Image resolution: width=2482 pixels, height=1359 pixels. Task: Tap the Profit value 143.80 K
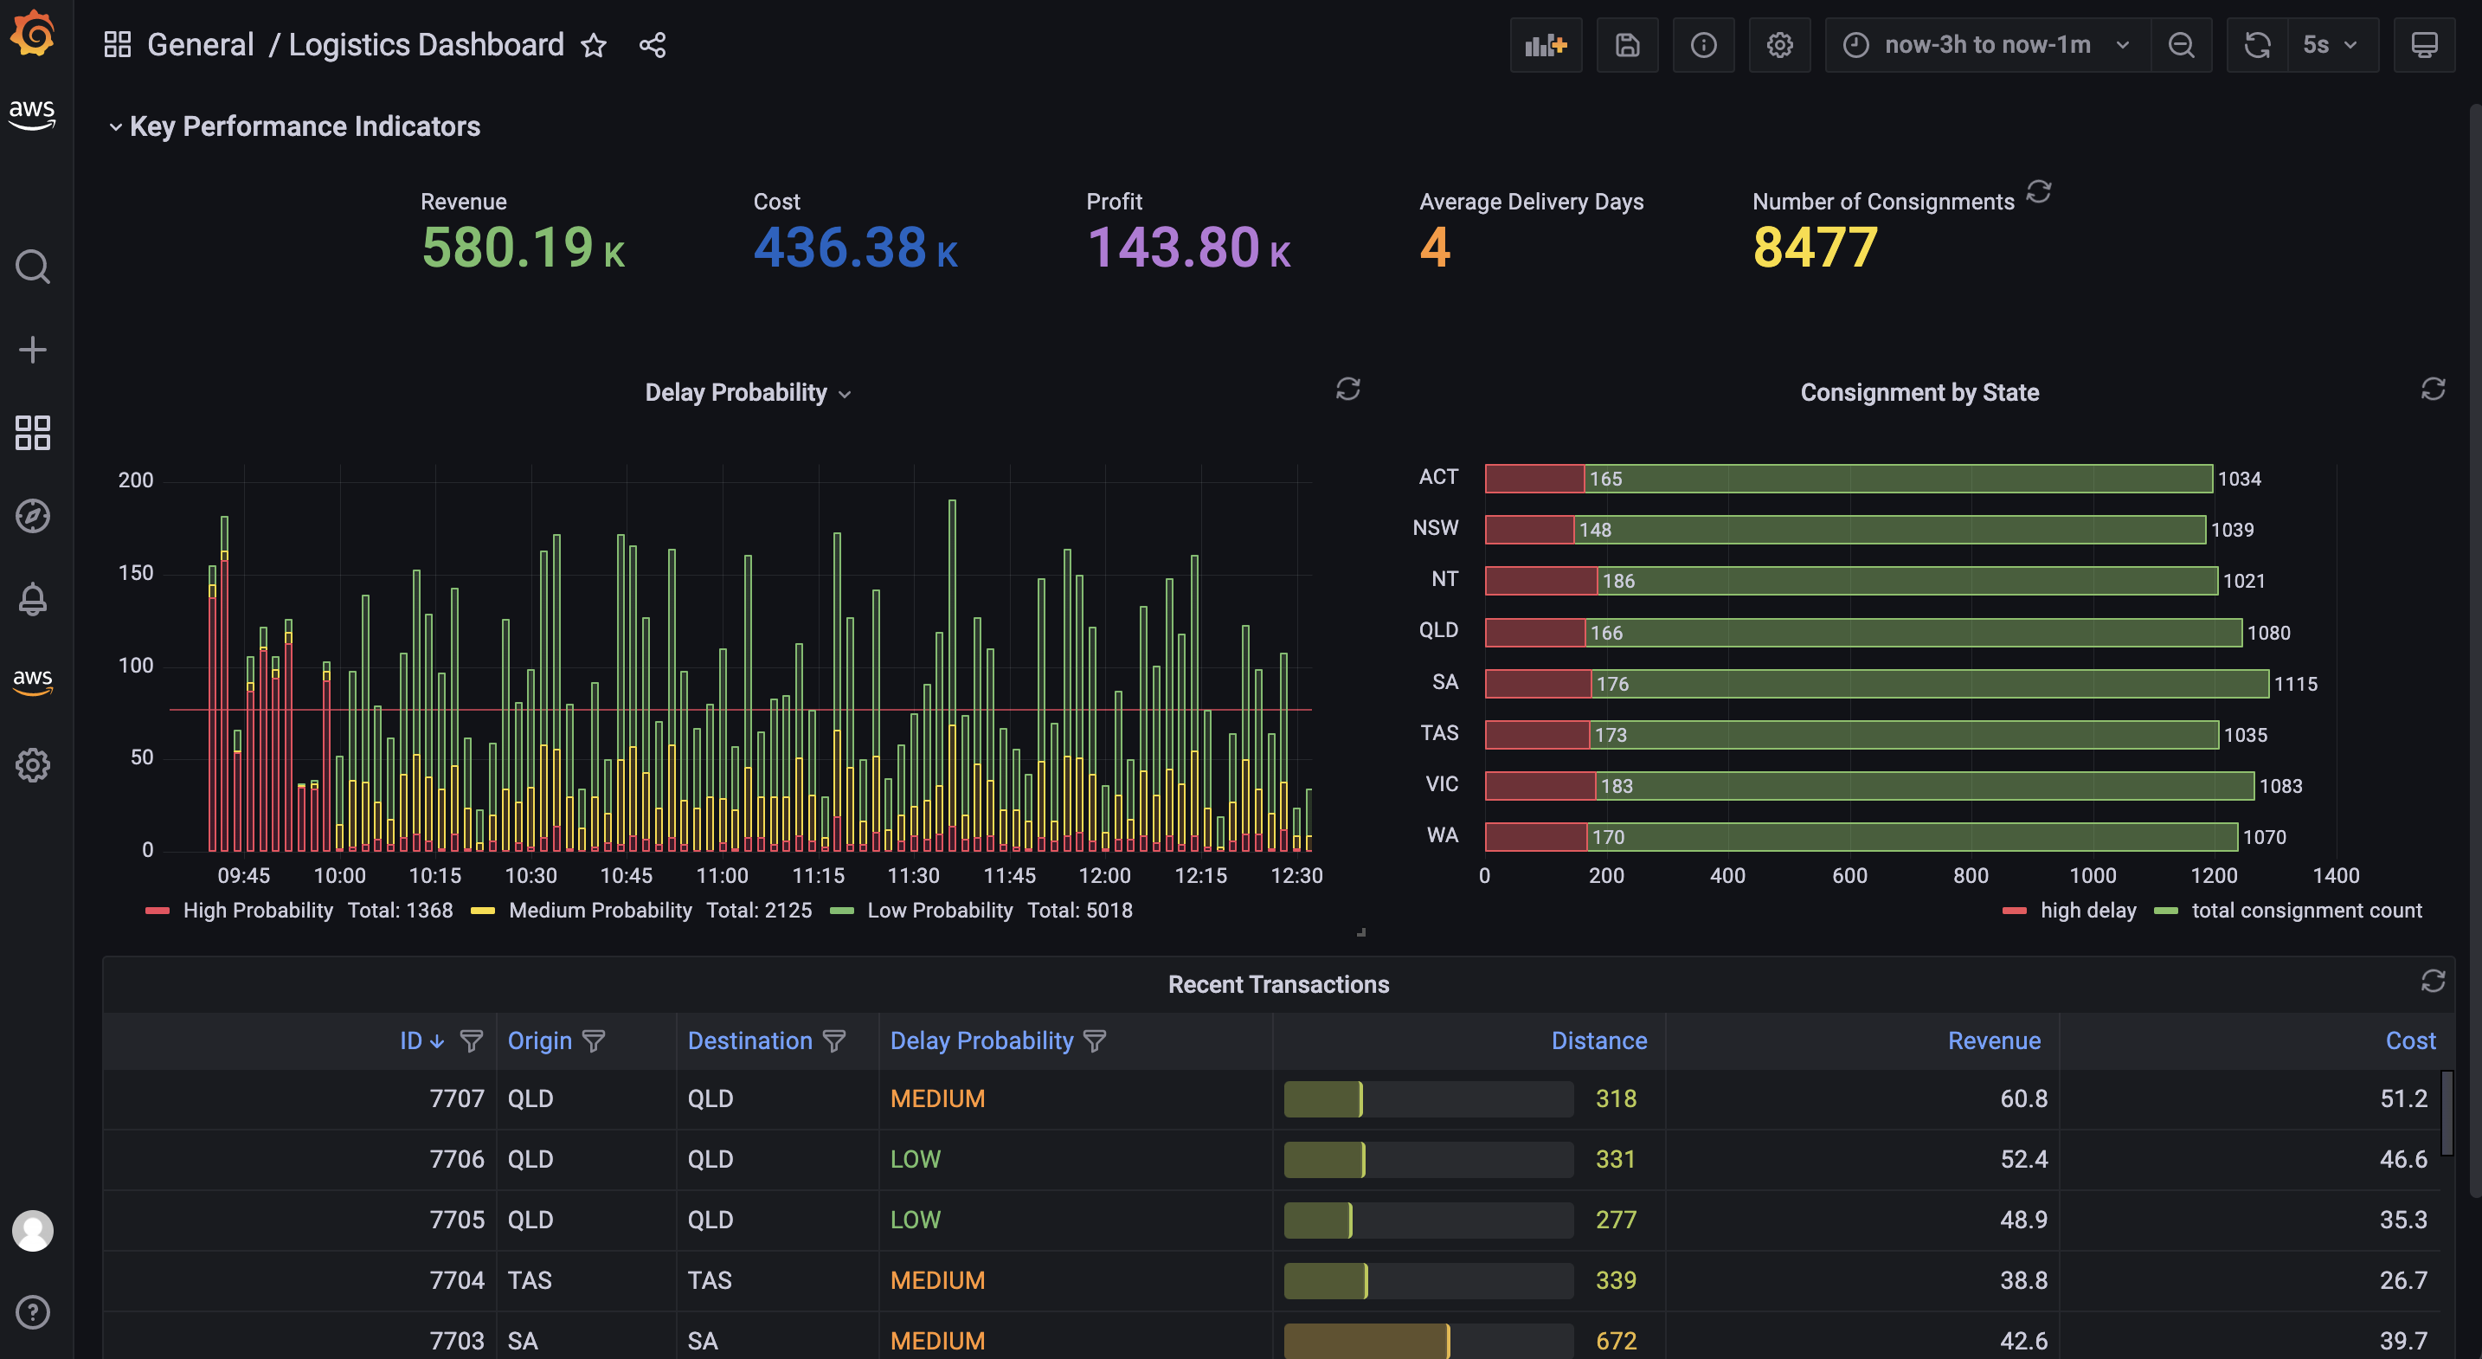(x=1188, y=248)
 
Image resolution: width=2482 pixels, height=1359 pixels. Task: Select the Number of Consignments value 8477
(x=1814, y=248)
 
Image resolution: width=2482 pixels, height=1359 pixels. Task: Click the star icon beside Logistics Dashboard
(x=594, y=45)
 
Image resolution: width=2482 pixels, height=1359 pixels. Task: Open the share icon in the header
(x=653, y=45)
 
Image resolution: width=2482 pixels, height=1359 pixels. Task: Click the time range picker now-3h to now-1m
(x=1986, y=45)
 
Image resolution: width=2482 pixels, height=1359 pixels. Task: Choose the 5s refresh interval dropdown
(x=2330, y=45)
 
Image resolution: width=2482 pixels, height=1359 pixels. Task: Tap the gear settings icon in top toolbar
(x=1778, y=45)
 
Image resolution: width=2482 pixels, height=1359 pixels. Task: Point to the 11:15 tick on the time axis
(x=817, y=875)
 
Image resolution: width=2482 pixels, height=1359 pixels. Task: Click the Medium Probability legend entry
(x=600, y=910)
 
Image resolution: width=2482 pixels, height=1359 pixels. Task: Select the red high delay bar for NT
(x=1540, y=580)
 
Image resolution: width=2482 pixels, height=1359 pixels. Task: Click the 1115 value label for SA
(x=2295, y=683)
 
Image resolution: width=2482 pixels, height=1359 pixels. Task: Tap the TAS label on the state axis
(x=1438, y=732)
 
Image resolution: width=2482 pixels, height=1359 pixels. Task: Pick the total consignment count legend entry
(x=2305, y=910)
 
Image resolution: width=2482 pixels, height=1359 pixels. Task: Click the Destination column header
(x=749, y=1041)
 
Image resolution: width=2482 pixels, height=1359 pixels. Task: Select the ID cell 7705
(x=456, y=1220)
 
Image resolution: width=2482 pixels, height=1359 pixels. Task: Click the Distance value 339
(x=1615, y=1280)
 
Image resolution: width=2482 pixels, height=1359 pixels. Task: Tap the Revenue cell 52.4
(x=2022, y=1158)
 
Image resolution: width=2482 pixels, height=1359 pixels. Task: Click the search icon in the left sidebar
(x=33, y=266)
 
